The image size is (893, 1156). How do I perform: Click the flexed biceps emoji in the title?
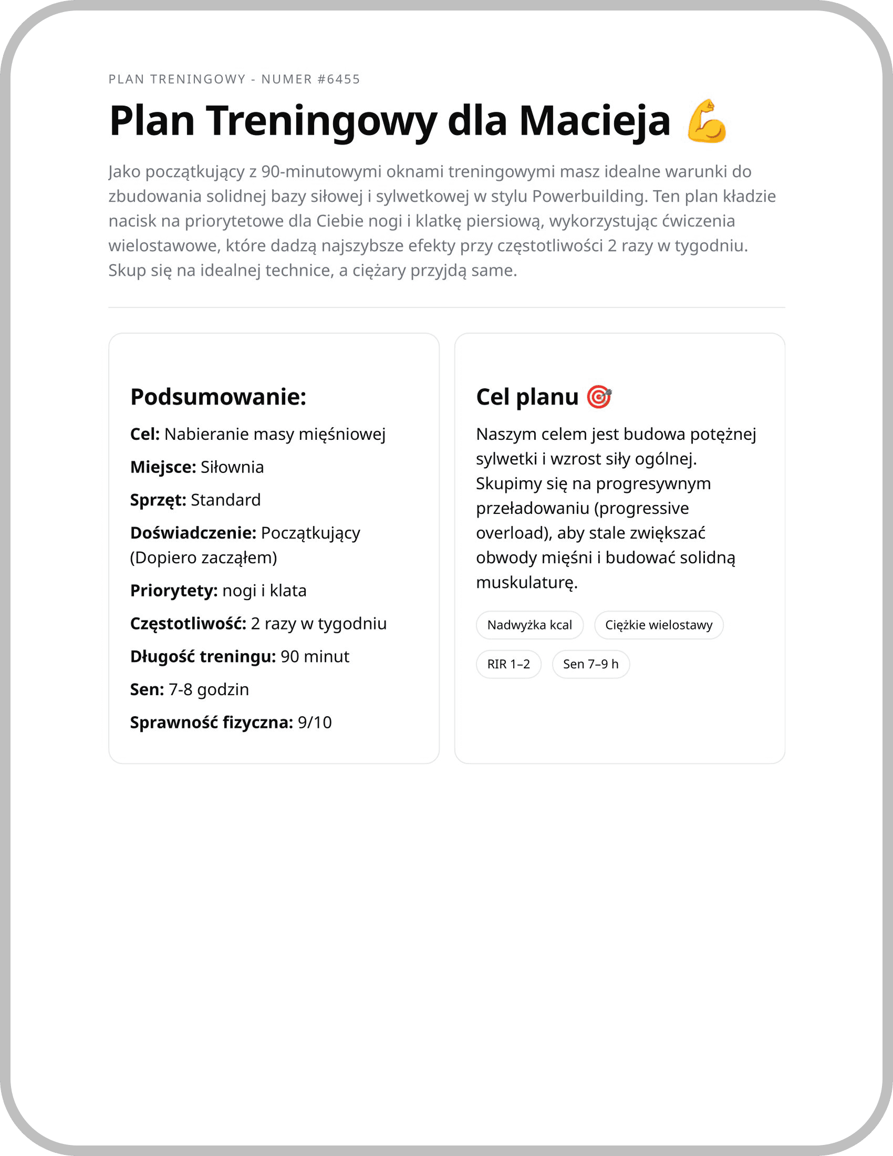[x=707, y=121]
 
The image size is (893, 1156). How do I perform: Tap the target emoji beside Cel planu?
[x=599, y=397]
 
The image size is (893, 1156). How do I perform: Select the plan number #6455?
[x=339, y=79]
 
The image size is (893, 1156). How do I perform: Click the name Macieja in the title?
[x=595, y=121]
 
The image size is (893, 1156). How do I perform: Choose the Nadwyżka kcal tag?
[x=529, y=625]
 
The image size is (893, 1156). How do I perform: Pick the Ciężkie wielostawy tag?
[x=659, y=625]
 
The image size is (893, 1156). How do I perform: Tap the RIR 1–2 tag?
[x=508, y=664]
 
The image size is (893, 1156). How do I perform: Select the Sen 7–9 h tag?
[x=590, y=664]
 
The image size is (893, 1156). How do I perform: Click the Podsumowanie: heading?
[x=219, y=397]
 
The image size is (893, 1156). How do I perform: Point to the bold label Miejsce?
[x=163, y=467]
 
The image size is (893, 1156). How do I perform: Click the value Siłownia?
[x=232, y=467]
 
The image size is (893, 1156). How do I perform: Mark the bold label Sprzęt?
[x=158, y=500]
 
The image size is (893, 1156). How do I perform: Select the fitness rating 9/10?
[x=315, y=723]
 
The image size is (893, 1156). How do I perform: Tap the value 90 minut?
[x=315, y=657]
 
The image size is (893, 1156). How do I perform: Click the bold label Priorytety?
[x=173, y=591]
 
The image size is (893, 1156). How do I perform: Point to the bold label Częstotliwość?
[x=189, y=624]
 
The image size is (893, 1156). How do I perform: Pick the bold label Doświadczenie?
[x=193, y=533]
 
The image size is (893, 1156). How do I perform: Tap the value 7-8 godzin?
[x=209, y=690]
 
